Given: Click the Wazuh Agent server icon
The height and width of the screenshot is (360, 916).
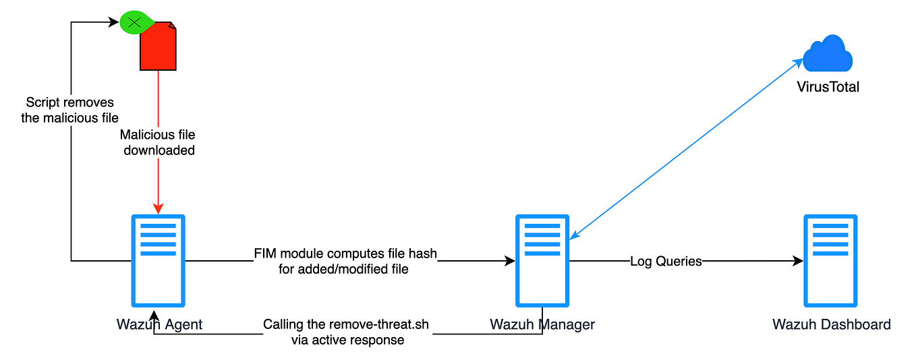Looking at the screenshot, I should click(156, 260).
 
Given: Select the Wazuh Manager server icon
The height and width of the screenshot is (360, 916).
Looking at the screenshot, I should click(542, 260).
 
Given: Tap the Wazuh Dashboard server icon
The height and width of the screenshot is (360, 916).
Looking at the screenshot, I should click(830, 260).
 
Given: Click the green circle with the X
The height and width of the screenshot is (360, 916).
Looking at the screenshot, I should click(134, 23).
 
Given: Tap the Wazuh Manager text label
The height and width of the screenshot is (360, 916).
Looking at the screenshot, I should click(542, 324).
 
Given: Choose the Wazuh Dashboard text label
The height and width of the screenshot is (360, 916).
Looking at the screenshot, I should click(831, 324).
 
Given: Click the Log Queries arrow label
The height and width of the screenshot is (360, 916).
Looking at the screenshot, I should click(666, 261).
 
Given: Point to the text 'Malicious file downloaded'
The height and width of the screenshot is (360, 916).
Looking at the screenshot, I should click(159, 143).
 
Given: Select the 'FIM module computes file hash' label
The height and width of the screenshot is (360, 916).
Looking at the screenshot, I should click(345, 254).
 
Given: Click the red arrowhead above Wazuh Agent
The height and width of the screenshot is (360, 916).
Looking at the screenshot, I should click(158, 206).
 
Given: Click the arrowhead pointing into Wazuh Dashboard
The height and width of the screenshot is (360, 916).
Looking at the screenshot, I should click(798, 261).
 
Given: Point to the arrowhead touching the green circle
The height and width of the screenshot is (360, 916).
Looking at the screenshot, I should click(115, 22).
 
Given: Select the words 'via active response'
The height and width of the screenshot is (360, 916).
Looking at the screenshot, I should click(347, 340).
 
